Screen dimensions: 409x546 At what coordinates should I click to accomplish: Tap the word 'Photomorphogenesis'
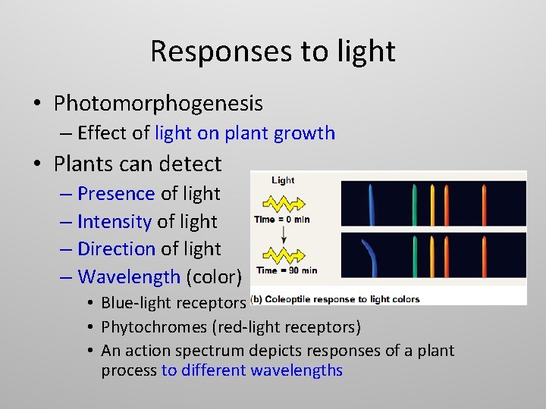coord(158,103)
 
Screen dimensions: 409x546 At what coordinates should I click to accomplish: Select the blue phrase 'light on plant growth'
coord(245,133)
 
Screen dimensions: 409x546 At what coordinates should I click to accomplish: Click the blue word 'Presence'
coord(116,194)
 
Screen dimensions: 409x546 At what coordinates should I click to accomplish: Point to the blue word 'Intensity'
coord(114,222)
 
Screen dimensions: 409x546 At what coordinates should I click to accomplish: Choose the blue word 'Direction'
coord(116,249)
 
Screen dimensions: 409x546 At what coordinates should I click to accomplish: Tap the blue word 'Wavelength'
coord(129,277)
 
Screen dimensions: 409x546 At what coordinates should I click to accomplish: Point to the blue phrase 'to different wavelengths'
coord(252,370)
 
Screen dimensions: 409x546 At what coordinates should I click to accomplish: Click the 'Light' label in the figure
coord(283,180)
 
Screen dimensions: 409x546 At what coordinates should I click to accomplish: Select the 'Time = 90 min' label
coord(287,270)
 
